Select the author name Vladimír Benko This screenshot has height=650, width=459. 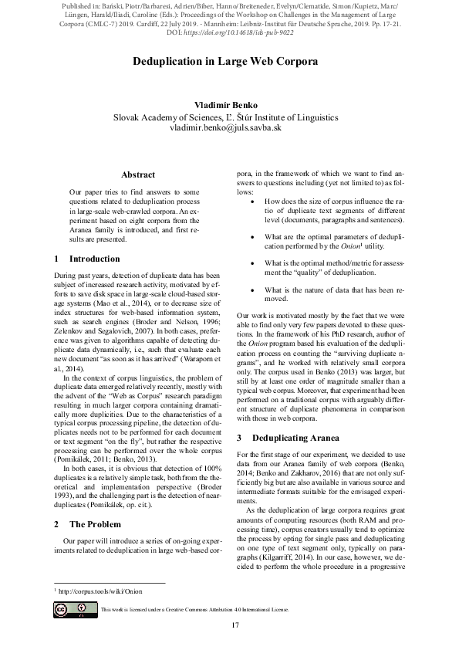click(229, 104)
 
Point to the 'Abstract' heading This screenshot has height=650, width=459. click(138, 175)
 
